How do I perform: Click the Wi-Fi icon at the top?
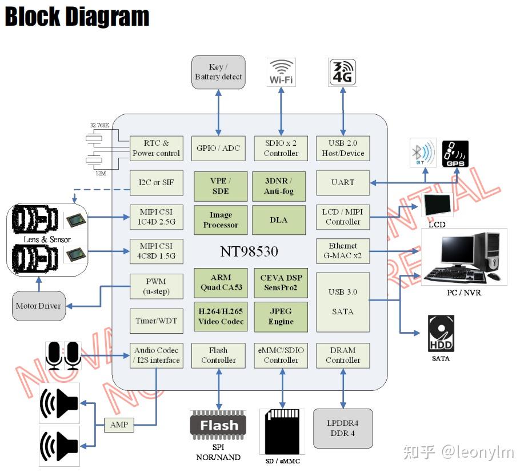[281, 72]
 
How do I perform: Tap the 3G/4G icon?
[343, 72]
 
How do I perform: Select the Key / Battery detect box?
[218, 72]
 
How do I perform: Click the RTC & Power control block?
[156, 148]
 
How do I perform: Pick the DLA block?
[279, 220]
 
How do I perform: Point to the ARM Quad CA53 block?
[221, 282]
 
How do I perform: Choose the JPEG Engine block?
[281, 317]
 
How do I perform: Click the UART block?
[343, 182]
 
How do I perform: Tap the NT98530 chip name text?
[249, 252]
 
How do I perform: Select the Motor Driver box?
[38, 306]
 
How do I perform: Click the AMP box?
[119, 425]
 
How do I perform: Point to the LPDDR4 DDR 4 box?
[343, 429]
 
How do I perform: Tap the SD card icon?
[282, 431]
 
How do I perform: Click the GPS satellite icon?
[455, 154]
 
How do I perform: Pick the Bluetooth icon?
[423, 153]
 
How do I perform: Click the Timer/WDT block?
[156, 321]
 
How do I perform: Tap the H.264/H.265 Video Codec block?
[221, 317]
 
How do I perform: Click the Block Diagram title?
[77, 17]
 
